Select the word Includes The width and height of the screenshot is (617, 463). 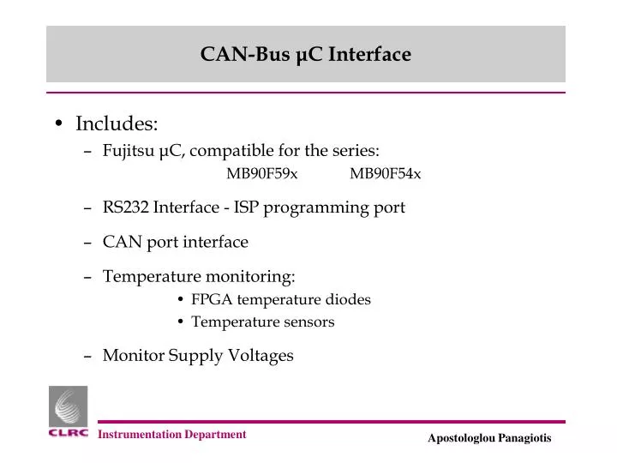pyautogui.click(x=117, y=124)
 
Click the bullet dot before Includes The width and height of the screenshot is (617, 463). pyautogui.click(x=57, y=124)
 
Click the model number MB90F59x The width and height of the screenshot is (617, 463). pyautogui.click(x=262, y=174)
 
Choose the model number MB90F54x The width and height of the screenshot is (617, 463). pyautogui.click(x=385, y=174)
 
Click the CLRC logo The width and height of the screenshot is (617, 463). pyautogui.click(x=68, y=413)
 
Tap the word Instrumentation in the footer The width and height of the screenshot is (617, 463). pyautogui.click(x=140, y=435)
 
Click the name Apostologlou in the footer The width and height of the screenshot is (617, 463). pyautogui.click(x=461, y=438)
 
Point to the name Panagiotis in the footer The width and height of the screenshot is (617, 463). pyautogui.click(x=524, y=438)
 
